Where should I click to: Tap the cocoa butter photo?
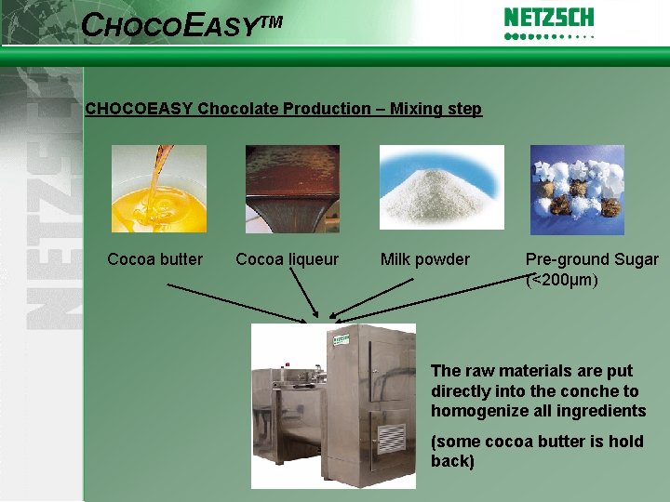point(158,189)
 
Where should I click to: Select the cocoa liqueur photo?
point(292,189)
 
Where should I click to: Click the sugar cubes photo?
point(577,189)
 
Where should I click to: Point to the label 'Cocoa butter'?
point(154,259)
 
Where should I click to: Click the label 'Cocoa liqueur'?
point(288,259)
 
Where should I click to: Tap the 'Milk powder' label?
point(425,259)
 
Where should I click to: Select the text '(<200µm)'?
point(563,279)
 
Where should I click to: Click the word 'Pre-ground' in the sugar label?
point(567,259)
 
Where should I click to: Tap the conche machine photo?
point(333,405)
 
